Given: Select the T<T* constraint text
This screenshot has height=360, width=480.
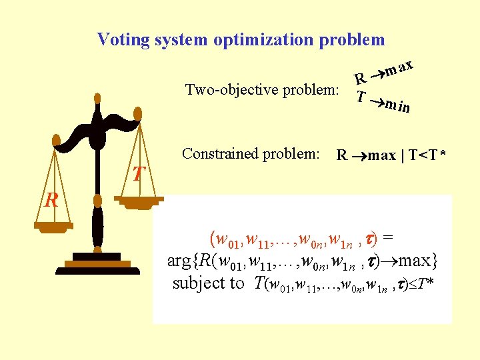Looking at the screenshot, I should coord(427,156).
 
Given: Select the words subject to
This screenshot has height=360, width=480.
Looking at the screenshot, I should coord(209,283).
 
